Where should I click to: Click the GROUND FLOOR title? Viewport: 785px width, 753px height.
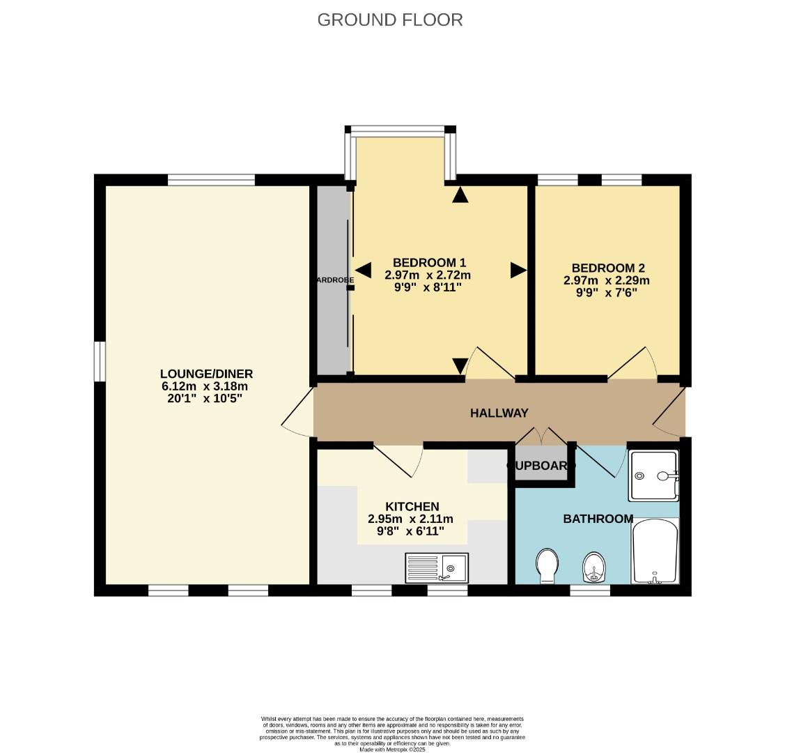click(x=390, y=20)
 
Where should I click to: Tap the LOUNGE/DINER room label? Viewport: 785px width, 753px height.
click(x=206, y=374)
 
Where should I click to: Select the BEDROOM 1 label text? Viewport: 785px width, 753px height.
click(x=429, y=262)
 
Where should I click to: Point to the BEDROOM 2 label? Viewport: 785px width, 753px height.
click(x=608, y=268)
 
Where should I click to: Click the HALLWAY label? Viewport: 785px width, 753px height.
click(x=499, y=413)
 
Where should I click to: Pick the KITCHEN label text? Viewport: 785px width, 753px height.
click(x=412, y=506)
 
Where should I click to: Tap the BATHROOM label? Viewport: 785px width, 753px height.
click(x=598, y=519)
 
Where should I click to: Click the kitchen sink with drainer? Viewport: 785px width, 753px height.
click(x=437, y=568)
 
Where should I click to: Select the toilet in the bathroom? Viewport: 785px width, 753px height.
click(x=547, y=564)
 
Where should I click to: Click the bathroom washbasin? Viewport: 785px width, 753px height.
click(x=593, y=567)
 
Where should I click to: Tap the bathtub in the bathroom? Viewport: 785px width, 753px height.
click(x=655, y=551)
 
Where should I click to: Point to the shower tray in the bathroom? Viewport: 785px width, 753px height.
click(x=653, y=476)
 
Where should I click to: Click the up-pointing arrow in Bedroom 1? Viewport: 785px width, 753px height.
click(x=460, y=195)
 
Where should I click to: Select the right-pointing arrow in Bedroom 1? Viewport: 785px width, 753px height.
click(x=518, y=270)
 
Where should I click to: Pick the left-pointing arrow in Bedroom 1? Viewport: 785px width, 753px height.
click(x=363, y=270)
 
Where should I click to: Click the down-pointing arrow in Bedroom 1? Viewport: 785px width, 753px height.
click(x=460, y=365)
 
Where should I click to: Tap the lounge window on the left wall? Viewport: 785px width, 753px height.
click(x=100, y=361)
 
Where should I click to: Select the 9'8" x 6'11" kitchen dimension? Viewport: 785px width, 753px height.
click(x=410, y=531)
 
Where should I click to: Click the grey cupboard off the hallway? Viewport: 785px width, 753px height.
click(x=541, y=465)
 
